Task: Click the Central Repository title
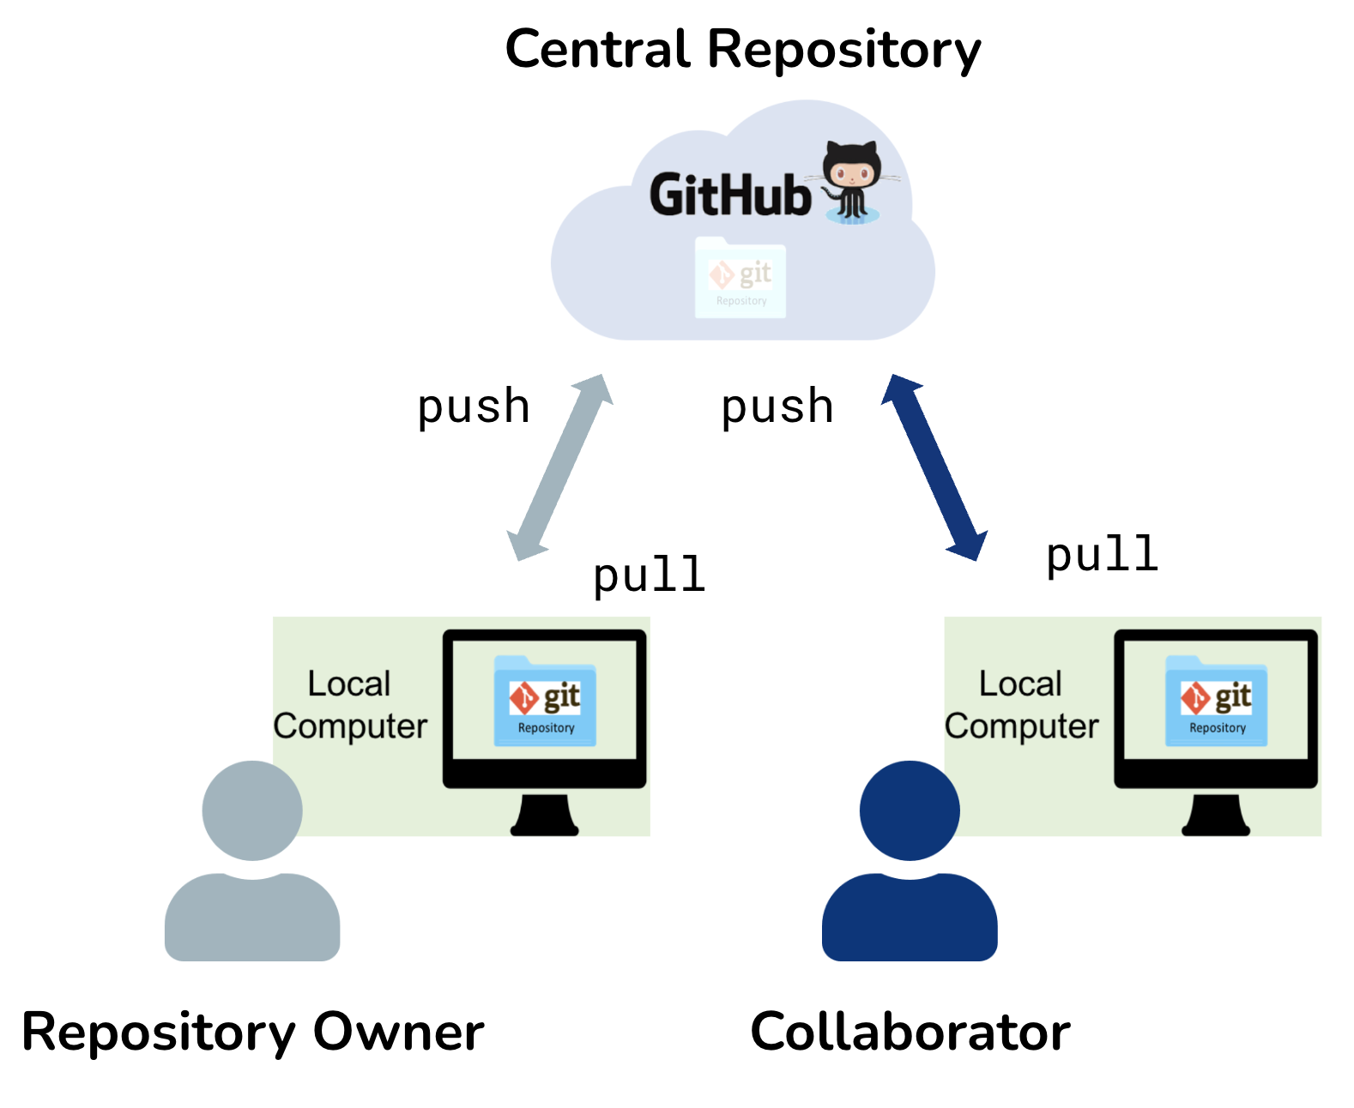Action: tap(742, 50)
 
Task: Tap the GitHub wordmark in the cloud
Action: tap(730, 195)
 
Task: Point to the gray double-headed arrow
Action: tap(560, 467)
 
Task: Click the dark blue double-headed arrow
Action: tap(934, 467)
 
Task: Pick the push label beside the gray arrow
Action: tap(473, 406)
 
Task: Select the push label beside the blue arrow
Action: tap(777, 406)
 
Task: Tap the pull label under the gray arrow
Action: tap(649, 575)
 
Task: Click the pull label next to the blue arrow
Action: tap(1102, 554)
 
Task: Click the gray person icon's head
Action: tap(252, 810)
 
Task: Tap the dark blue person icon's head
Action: tap(910, 810)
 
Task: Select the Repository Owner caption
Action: tap(252, 1032)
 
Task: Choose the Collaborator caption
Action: tap(910, 1032)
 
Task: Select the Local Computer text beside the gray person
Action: tap(350, 705)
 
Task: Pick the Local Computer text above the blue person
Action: tap(1021, 705)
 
